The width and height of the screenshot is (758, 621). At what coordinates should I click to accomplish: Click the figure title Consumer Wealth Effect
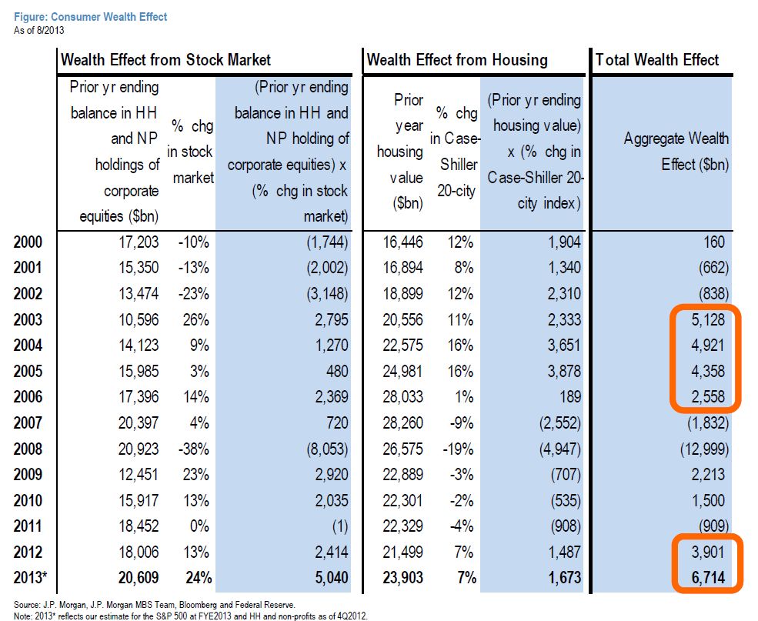pos(91,16)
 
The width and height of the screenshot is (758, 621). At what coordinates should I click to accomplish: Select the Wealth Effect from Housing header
pos(457,60)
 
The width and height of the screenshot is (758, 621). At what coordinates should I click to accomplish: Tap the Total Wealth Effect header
pos(657,60)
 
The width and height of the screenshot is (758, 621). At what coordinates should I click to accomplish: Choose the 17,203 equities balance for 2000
pos(138,242)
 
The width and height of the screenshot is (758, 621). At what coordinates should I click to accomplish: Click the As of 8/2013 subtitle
pos(40,30)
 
